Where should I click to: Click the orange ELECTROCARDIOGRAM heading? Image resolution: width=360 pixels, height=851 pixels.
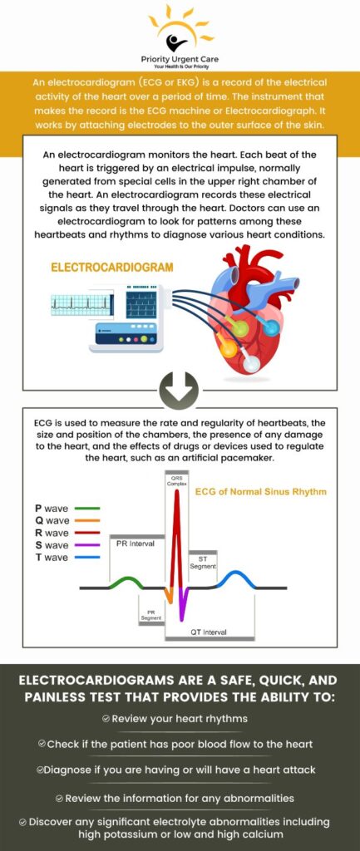112,268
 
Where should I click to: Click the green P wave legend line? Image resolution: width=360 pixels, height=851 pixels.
87,508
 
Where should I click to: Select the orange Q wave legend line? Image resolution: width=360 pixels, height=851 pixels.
87,520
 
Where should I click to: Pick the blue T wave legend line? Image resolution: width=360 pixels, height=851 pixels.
87,558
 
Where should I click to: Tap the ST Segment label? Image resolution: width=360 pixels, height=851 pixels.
203,562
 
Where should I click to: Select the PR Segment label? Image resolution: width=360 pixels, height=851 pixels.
150,615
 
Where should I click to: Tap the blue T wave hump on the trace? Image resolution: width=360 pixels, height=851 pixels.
236,575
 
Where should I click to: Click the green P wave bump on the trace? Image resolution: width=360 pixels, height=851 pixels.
123,580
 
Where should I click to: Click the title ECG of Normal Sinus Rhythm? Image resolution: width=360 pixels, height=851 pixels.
260,491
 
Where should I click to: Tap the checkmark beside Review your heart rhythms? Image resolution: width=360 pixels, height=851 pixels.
106,717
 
